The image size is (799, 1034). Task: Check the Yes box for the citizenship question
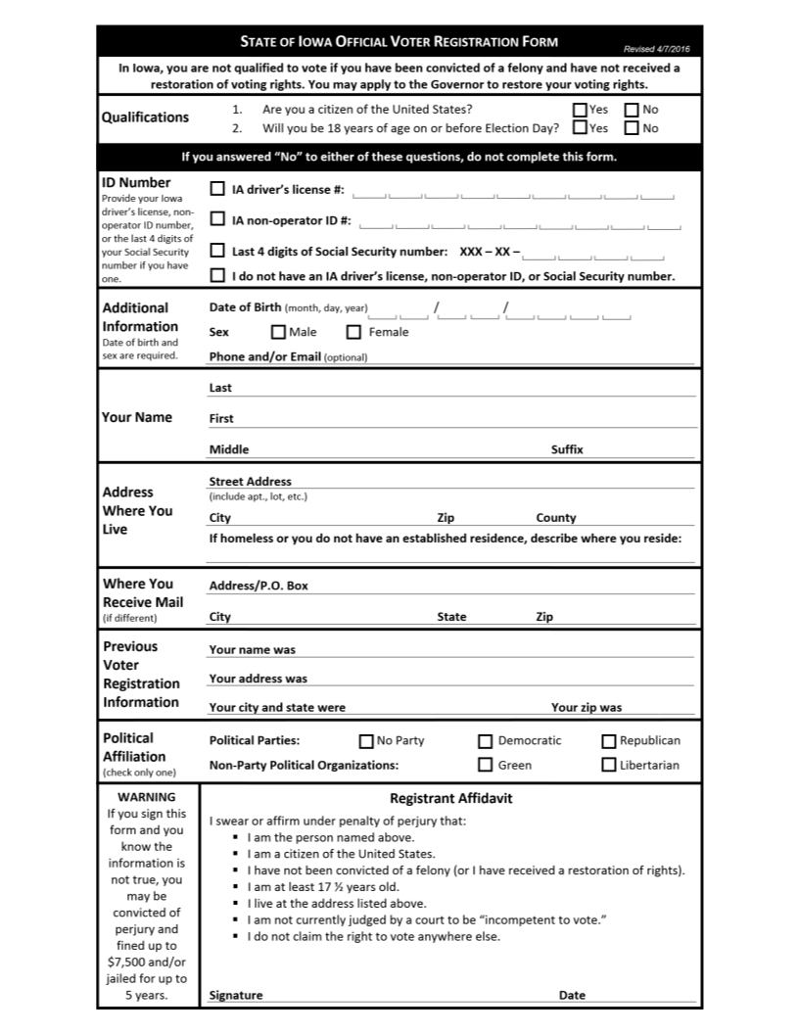point(580,110)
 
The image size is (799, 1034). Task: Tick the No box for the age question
point(632,127)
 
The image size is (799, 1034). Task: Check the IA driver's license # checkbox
point(217,189)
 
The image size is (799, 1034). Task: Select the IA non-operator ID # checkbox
point(217,219)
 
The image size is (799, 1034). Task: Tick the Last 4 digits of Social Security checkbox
point(217,251)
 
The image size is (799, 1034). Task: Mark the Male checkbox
point(278,332)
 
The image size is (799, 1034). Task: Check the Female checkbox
point(354,332)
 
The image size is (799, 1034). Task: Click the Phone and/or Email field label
point(265,357)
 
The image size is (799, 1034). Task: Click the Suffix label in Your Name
point(567,449)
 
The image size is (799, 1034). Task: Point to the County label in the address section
point(556,518)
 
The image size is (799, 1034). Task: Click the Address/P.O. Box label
point(258,586)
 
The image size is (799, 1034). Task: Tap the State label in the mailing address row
point(451,617)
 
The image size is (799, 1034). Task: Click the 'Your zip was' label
point(586,707)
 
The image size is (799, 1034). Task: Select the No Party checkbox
point(366,741)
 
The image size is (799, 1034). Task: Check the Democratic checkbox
point(486,741)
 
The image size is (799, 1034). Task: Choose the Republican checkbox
point(609,741)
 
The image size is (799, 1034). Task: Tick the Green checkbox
point(486,766)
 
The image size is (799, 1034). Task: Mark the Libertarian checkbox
point(609,766)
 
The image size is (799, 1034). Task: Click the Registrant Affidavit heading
point(450,798)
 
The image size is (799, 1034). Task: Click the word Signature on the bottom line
point(236,995)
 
